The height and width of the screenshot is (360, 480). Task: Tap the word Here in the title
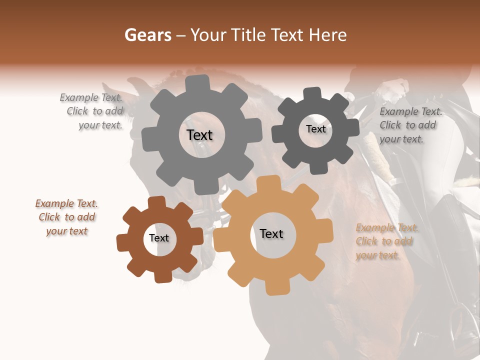(327, 35)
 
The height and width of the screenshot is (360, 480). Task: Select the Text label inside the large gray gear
(199, 135)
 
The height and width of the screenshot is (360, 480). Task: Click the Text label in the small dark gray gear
(315, 129)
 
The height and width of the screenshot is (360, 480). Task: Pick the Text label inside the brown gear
(159, 238)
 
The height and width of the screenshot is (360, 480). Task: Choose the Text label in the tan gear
(271, 233)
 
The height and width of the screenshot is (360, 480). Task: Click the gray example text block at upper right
(410, 125)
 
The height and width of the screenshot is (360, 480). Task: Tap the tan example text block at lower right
(386, 241)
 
